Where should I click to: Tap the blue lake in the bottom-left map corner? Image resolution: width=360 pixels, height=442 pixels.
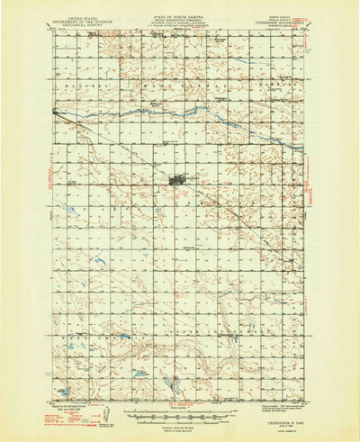pos(66,392)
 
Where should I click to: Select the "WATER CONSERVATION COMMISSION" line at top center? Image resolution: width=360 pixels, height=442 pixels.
pos(179,23)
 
